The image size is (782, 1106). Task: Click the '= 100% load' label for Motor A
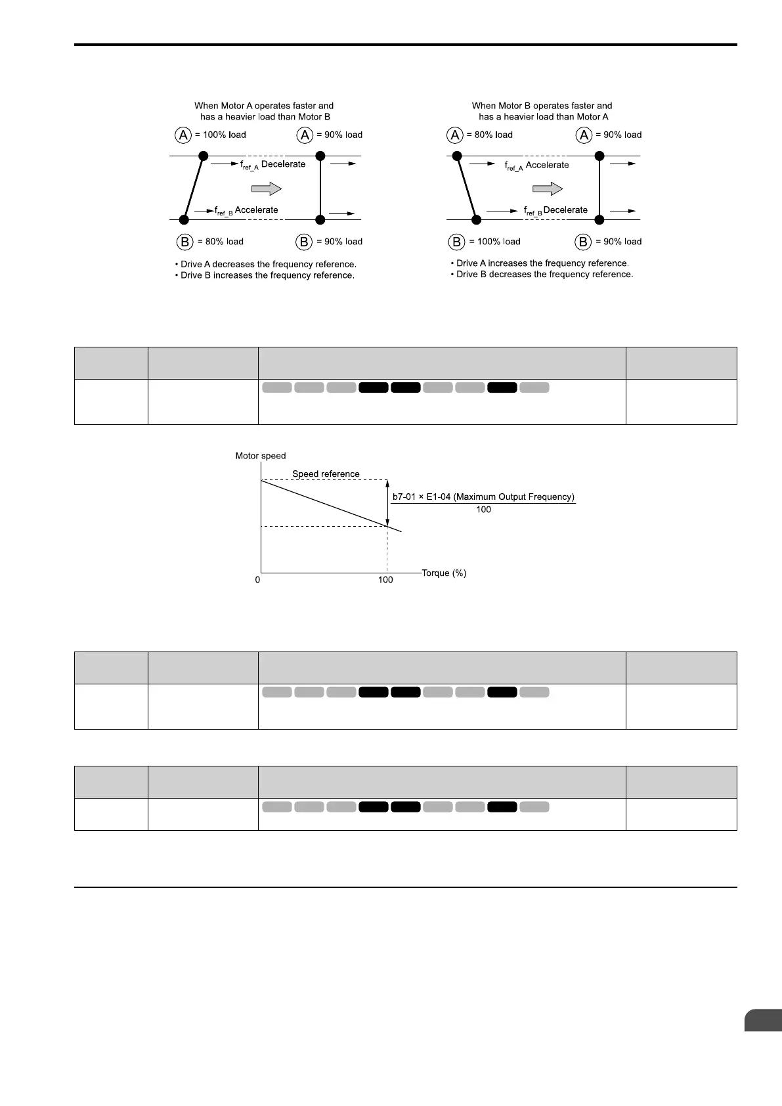coord(221,135)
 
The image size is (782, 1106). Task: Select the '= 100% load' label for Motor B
coord(494,242)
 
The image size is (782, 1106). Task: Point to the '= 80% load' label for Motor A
coord(490,135)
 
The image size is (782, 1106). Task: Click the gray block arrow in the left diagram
coord(266,189)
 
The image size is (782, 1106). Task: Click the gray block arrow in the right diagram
coord(548,189)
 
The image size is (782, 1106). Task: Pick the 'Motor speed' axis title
coord(261,456)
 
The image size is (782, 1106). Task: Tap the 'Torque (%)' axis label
coord(444,573)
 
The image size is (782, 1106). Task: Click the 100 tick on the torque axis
coord(385,580)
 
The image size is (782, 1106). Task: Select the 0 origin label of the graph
coord(257,580)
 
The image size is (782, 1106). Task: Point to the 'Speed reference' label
coord(326,474)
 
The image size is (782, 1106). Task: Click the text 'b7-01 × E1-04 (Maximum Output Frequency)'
coord(483,497)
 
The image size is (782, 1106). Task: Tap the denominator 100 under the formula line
coord(483,510)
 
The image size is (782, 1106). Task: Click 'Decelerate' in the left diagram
coord(284,164)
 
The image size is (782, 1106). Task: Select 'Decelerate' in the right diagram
coord(565,210)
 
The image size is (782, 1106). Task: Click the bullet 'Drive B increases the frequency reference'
coord(265,276)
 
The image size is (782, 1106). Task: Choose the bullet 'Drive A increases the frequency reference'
coord(540,263)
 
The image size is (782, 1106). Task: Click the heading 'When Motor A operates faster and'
coord(264,106)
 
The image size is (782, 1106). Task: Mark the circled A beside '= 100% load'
coord(183,135)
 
